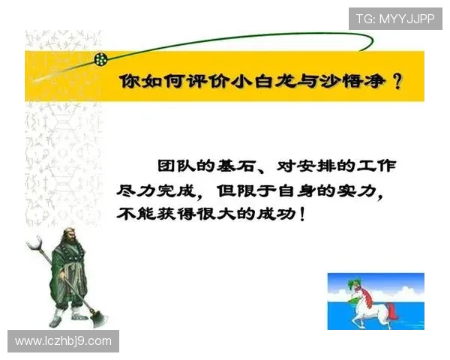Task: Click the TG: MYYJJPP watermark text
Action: tap(395, 19)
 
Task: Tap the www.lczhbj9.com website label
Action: tap(63, 341)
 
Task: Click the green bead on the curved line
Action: tap(100, 58)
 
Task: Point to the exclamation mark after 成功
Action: tap(301, 214)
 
